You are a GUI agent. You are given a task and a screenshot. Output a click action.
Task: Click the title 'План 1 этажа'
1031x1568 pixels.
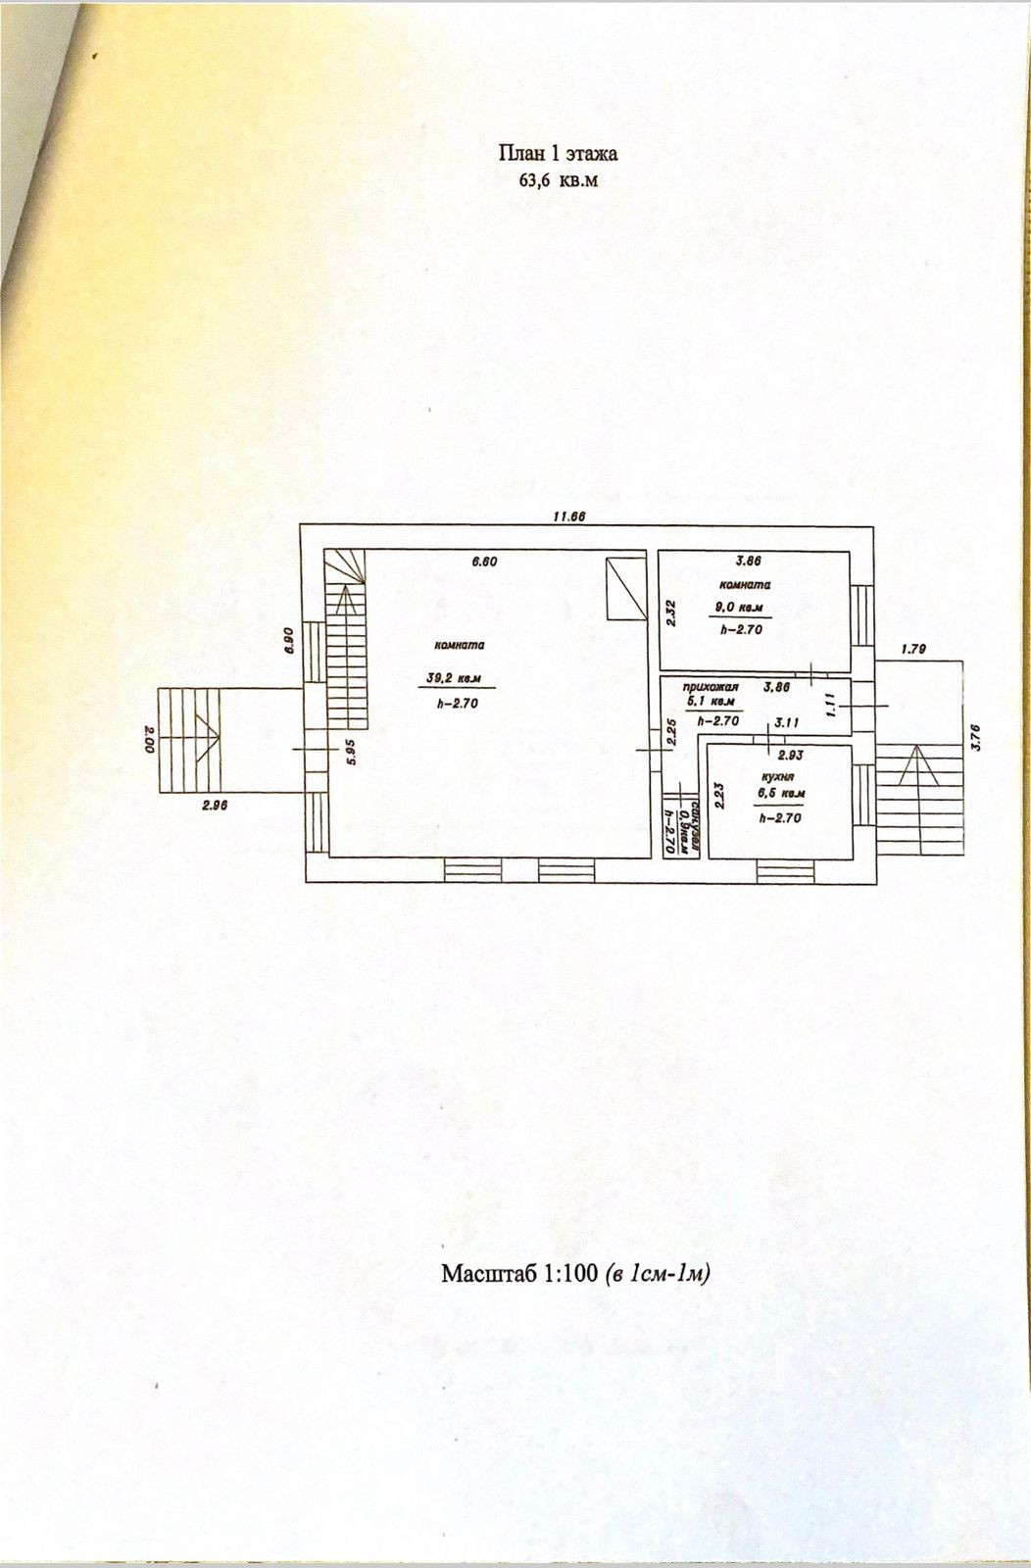[558, 153]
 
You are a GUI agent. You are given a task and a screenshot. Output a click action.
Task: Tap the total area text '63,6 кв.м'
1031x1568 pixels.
[558, 179]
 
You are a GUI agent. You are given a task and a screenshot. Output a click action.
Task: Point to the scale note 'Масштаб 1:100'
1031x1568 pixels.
[519, 1274]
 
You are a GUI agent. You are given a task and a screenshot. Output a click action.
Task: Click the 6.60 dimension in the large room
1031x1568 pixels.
[486, 562]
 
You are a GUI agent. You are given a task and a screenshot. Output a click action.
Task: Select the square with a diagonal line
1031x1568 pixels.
[624, 589]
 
